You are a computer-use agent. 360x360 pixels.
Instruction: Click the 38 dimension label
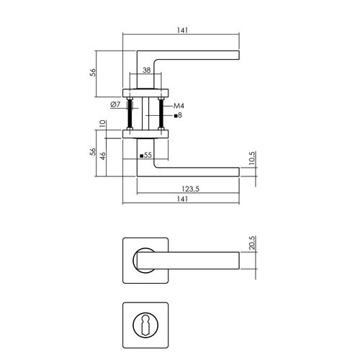(146, 70)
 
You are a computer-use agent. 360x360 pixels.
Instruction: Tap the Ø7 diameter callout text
(115, 104)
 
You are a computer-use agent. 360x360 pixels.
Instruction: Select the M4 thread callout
(179, 106)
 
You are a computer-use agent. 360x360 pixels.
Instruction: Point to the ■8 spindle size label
(178, 115)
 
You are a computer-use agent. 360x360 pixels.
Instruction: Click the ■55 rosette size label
(145, 156)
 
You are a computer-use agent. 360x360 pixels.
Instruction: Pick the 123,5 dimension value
(190, 189)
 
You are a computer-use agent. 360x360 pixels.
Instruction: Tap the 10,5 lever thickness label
(253, 158)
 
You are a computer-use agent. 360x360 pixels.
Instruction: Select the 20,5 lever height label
(253, 243)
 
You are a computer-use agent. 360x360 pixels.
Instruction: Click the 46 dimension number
(103, 156)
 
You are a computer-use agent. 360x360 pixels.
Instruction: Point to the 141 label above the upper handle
(182, 30)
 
